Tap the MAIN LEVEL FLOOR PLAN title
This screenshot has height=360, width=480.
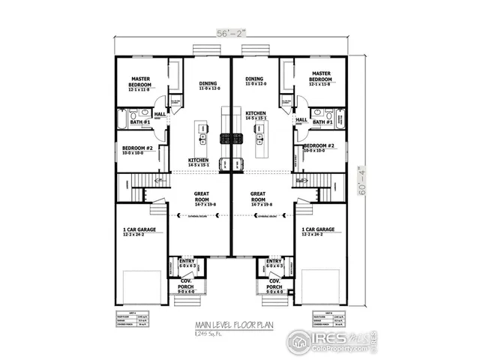231,325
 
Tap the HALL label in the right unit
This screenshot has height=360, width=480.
301,120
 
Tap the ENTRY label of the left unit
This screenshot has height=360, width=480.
187,262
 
